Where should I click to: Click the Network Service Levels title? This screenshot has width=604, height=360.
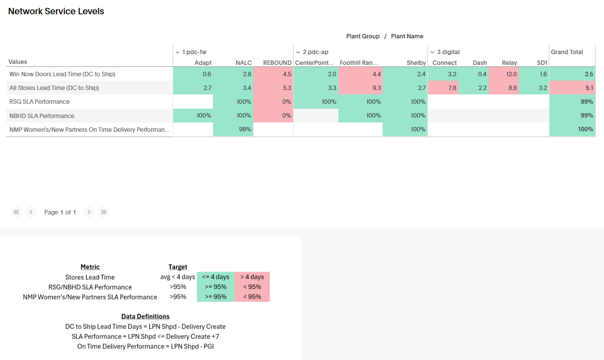coord(56,11)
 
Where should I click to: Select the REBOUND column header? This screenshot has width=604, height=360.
coord(277,62)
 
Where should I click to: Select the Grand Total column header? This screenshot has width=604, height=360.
coord(567,52)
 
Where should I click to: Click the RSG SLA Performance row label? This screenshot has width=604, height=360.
coord(39,102)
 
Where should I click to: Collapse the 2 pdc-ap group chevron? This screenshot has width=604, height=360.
coord(298,52)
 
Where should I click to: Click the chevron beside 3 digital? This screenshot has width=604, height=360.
coord(432,52)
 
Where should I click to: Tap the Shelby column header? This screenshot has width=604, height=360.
coord(416,62)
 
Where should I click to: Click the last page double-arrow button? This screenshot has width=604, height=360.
coord(103,212)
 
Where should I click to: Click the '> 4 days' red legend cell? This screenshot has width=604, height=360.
coord(252,277)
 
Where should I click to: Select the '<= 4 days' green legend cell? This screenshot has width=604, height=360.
coord(215,277)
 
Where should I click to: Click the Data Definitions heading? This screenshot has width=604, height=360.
coord(145,316)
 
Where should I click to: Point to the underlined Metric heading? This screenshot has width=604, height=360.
coord(90,267)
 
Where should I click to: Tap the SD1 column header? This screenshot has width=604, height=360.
coord(542,62)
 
